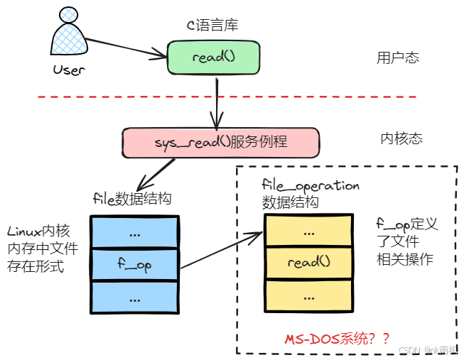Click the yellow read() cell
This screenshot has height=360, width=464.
308,263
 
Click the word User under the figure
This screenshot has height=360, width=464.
69,70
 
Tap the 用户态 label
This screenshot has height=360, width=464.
397,58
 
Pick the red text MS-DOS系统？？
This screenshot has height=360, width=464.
338,339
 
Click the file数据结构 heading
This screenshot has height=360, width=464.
132,198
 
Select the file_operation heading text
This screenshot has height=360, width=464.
311,185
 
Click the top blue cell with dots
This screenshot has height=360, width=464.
134,232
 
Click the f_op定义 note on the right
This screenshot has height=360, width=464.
406,225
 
